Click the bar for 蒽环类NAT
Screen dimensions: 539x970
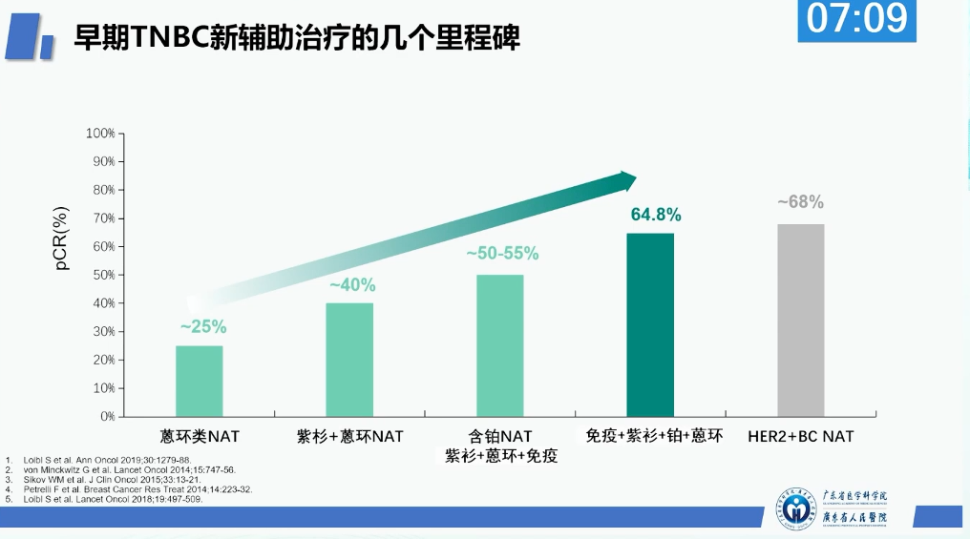199,381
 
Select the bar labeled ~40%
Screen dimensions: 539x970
349,360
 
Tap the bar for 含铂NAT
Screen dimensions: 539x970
500,345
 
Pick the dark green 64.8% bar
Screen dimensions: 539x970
650,324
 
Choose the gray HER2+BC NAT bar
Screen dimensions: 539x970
800,321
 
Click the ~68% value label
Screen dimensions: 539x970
800,202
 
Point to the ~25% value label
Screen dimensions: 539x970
203,327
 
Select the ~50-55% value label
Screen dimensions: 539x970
502,254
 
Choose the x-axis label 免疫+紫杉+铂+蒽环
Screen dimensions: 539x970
654,436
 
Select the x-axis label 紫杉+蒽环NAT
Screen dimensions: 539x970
350,436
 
